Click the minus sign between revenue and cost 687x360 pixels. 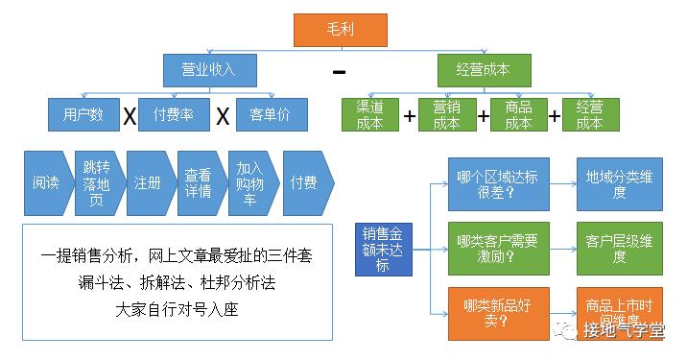(339, 72)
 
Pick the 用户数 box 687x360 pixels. (83, 115)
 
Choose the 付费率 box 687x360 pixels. (174, 115)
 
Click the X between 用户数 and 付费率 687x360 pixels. (129, 116)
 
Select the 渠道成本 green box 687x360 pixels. (369, 115)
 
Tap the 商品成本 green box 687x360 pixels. (518, 115)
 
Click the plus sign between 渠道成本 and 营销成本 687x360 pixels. (410, 116)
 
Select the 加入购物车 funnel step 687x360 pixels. (251, 183)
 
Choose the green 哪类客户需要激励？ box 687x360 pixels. (498, 249)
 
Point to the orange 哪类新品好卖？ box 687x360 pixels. (498, 313)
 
